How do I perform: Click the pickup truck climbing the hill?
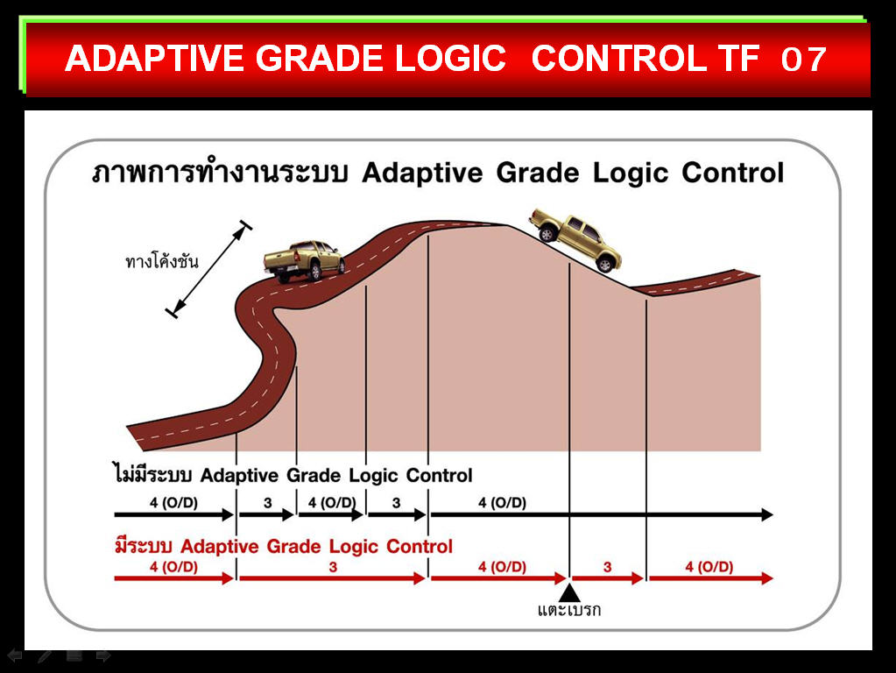pos(304,261)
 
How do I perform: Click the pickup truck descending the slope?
pos(575,239)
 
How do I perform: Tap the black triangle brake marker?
pos(569,592)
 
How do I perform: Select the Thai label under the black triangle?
pos(569,610)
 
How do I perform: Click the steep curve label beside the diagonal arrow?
pos(162,261)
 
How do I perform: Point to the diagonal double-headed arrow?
pos(208,269)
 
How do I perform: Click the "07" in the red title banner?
pos(803,59)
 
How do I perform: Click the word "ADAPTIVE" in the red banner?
pos(155,59)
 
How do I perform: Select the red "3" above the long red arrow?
pos(333,567)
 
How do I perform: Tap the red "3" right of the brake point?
pos(608,567)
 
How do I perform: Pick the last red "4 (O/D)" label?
pos(709,567)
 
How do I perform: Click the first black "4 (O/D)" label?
pos(173,503)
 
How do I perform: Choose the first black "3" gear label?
pos(267,503)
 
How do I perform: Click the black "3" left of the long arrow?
pos(396,503)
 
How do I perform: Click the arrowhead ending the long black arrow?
pos(767,514)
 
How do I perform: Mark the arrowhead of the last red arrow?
pos(767,578)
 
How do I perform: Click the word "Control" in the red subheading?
pos(420,546)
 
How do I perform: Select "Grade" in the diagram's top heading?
pos(537,173)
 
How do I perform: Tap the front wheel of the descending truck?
pos(605,264)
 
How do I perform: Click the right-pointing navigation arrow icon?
pos(103,655)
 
